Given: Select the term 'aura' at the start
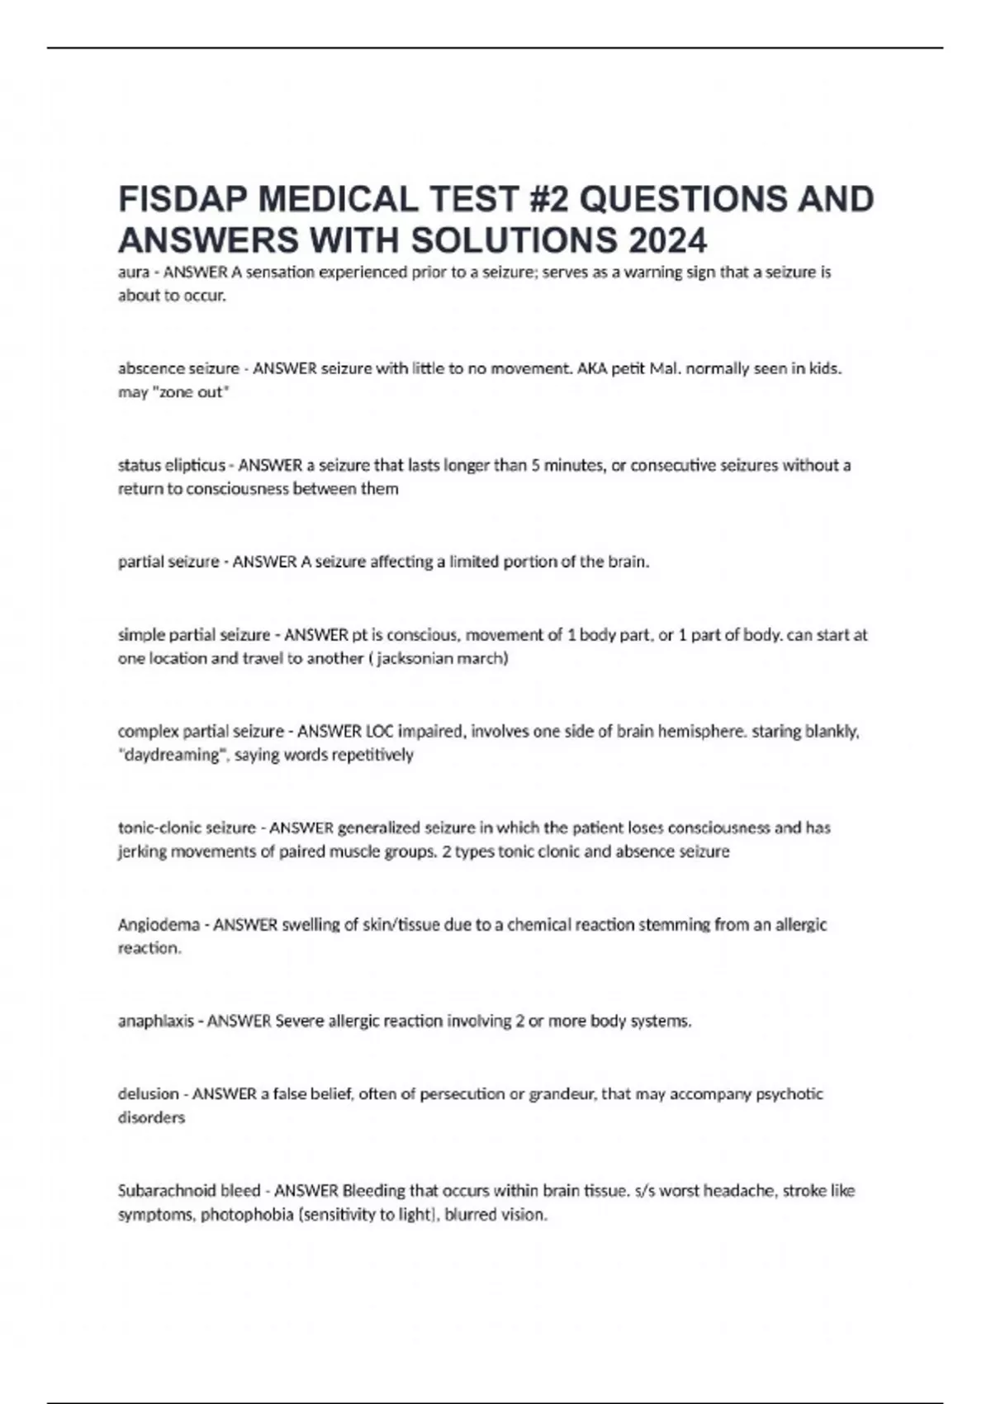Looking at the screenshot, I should pyautogui.click(x=132, y=272).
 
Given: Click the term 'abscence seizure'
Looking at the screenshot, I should pyautogui.click(x=178, y=368).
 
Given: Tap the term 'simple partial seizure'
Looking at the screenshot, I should pyautogui.click(x=194, y=635).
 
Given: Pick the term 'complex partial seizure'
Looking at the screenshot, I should pyautogui.click(x=201, y=732).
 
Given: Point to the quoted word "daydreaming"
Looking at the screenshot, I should pyautogui.click(x=173, y=755).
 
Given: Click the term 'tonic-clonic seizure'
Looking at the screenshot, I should pyautogui.click(x=187, y=828).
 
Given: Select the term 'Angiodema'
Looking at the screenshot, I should pyautogui.click(x=159, y=925).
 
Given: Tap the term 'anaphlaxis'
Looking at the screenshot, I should pyautogui.click(x=156, y=1022).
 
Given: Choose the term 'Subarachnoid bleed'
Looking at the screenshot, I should pyautogui.click(x=189, y=1191).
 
